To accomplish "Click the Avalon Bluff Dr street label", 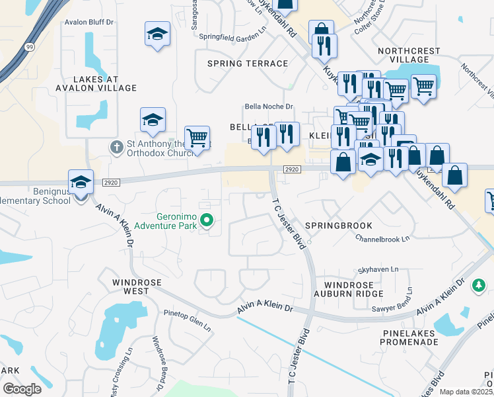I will (x=90, y=22).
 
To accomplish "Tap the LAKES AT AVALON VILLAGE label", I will (x=96, y=83).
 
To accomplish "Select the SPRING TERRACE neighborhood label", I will (x=248, y=64).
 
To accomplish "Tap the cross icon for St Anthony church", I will (x=116, y=146).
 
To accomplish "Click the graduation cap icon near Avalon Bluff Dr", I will (x=157, y=34).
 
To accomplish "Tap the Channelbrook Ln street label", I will (x=382, y=238).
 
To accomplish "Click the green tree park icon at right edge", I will (x=479, y=286).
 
